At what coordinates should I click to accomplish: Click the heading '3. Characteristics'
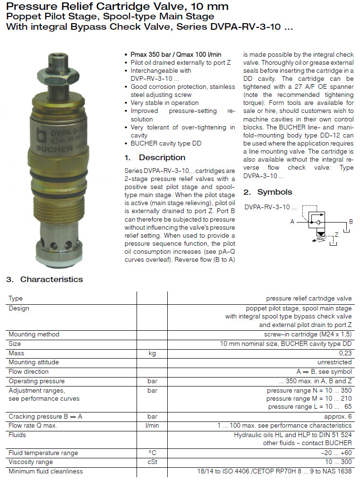44,279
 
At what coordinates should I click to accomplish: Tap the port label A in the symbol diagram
292,221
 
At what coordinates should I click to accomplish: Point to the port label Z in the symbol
336,234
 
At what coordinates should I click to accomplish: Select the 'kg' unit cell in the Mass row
152,353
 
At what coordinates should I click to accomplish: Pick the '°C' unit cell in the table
152,453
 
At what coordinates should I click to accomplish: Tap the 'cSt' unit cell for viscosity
152,462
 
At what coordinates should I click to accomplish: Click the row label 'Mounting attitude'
34,362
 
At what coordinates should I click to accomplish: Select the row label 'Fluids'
17,435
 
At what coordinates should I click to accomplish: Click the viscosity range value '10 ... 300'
338,462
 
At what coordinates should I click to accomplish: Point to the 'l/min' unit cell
152,425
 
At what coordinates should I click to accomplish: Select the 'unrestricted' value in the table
334,362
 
